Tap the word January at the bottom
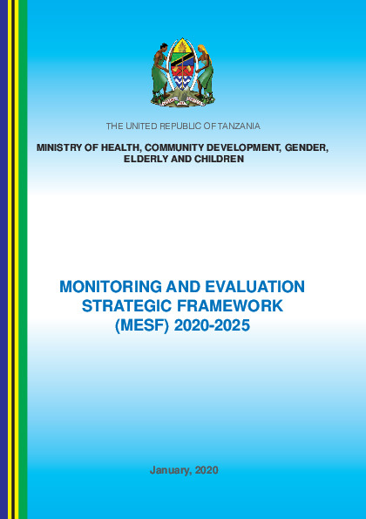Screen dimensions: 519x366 170,470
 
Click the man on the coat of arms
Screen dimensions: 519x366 159,70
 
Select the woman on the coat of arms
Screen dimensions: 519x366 207,70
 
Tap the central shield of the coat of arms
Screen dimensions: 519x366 182,68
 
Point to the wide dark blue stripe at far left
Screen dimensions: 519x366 3,262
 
